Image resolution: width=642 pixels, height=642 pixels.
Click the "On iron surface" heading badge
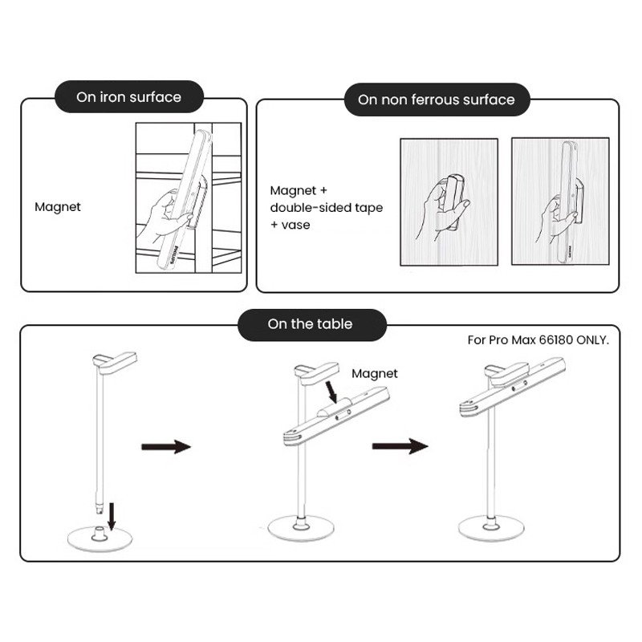(x=128, y=98)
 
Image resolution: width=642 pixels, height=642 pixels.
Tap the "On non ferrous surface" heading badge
(x=436, y=100)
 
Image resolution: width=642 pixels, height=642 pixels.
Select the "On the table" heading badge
(x=310, y=324)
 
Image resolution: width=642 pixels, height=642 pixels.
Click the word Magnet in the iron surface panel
(x=58, y=207)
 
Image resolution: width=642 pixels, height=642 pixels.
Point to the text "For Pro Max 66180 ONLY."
(x=538, y=340)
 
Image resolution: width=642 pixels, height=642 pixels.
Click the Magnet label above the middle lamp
(x=375, y=373)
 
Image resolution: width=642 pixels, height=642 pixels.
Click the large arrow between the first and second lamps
(x=166, y=447)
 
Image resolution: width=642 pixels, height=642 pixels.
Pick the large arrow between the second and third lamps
(x=400, y=445)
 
